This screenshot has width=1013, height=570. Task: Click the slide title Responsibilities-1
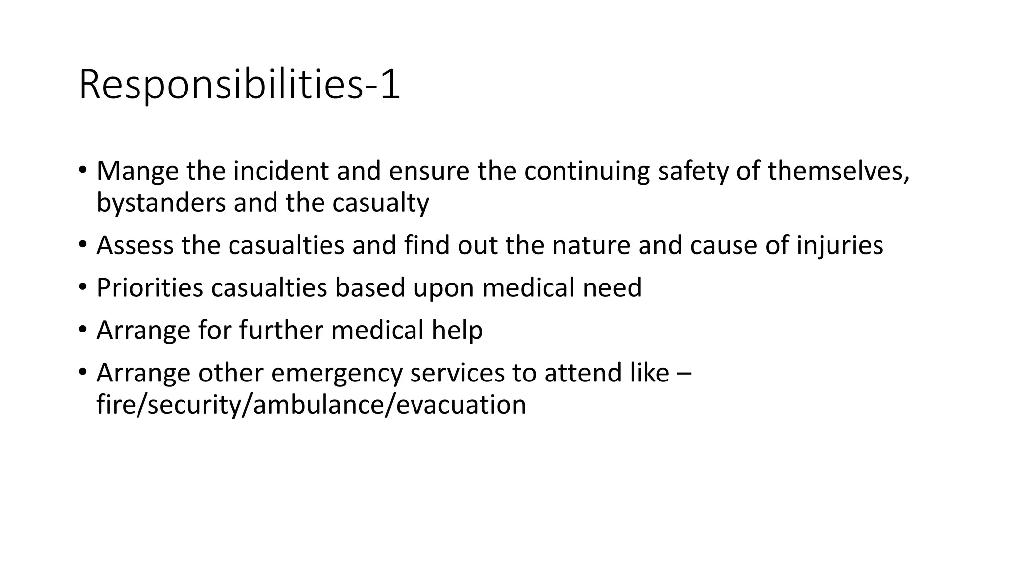pyautogui.click(x=239, y=85)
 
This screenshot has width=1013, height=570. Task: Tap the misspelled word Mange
pyautogui.click(x=138, y=171)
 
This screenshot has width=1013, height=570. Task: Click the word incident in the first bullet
pyautogui.click(x=281, y=171)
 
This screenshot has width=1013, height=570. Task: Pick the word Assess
pyautogui.click(x=135, y=245)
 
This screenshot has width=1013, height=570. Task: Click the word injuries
pyautogui.click(x=840, y=246)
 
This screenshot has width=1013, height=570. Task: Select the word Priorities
pyautogui.click(x=150, y=288)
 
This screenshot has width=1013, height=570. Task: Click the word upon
pyautogui.click(x=444, y=288)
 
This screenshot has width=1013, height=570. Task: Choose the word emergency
pyautogui.click(x=336, y=373)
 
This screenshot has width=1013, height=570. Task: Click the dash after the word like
pyautogui.click(x=684, y=373)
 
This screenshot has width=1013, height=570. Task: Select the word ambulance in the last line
pyautogui.click(x=317, y=405)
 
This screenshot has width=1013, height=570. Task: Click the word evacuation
pyautogui.click(x=461, y=405)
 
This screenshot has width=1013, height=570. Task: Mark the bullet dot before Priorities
pyautogui.click(x=83, y=287)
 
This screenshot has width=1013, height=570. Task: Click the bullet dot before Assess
pyautogui.click(x=83, y=245)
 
